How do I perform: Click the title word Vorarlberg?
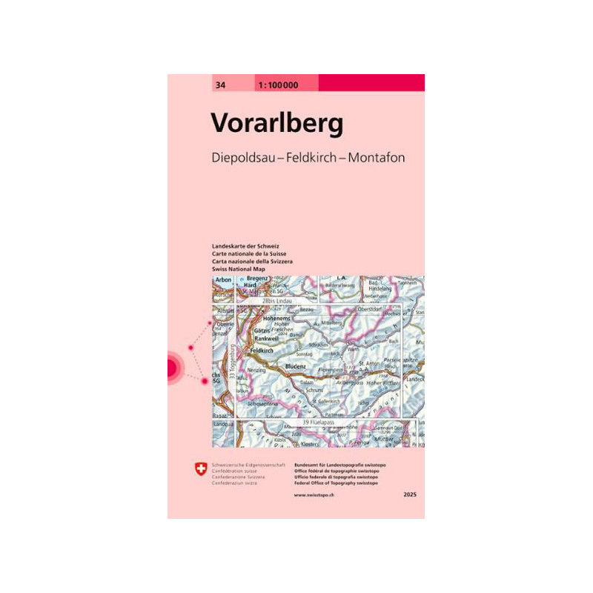click(x=277, y=123)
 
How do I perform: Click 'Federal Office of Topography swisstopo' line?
click(x=336, y=483)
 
